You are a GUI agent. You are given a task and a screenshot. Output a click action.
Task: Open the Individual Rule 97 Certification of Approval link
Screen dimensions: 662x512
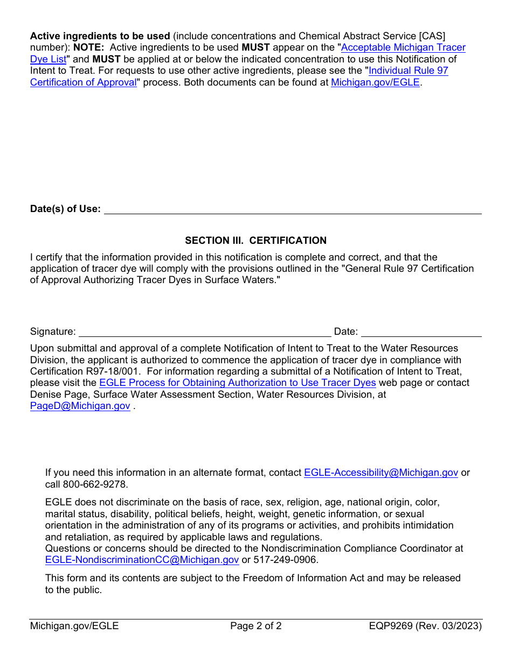408,71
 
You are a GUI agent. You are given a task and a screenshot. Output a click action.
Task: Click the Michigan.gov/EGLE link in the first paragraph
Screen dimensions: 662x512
375,83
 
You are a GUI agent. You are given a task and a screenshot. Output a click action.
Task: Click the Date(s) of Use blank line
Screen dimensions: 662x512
292,209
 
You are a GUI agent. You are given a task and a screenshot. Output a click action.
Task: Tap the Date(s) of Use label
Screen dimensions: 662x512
65,209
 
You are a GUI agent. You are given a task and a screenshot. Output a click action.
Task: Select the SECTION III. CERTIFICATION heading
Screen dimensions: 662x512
255,241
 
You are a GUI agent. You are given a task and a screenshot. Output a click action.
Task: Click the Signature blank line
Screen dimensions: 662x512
205,332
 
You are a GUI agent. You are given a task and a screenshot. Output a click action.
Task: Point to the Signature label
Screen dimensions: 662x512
53,332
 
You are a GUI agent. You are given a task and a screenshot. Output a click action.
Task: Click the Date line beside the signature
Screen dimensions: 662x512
421,332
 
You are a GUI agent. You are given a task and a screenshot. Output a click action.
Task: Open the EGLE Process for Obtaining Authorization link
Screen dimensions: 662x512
237,383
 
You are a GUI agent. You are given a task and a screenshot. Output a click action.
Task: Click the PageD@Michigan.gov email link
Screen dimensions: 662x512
80,406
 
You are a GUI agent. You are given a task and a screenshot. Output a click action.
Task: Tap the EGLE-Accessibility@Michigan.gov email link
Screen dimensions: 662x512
380,473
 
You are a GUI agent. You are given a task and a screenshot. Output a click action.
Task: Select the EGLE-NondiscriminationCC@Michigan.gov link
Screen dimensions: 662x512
142,560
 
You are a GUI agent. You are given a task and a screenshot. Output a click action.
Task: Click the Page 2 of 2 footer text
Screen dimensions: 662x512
255,626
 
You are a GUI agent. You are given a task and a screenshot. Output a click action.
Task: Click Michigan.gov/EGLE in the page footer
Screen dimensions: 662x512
74,626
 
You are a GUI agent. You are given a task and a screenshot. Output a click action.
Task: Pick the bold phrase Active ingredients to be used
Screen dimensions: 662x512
100,36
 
